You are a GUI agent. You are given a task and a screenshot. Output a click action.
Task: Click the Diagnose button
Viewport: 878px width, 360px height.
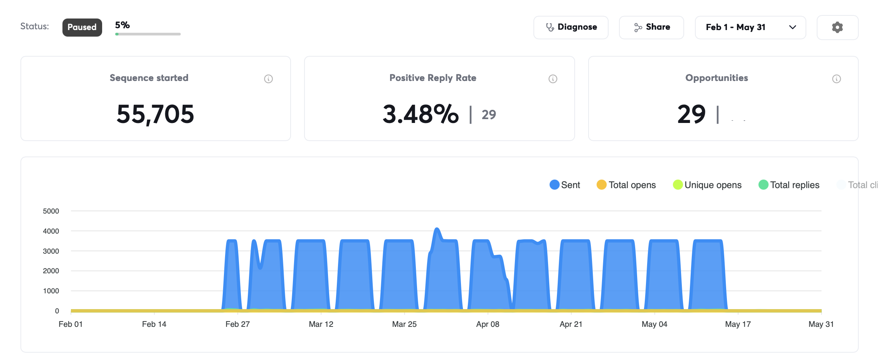point(571,27)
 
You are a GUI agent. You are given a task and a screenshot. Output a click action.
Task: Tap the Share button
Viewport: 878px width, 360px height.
point(651,27)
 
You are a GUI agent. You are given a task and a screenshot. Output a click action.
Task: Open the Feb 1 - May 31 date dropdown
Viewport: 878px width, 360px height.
point(750,27)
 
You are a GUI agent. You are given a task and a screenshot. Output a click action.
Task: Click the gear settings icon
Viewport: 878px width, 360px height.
point(838,27)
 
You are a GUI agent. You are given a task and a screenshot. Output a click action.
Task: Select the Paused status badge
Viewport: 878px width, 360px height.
point(82,27)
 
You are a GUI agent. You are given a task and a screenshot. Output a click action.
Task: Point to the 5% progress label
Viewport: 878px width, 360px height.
point(123,25)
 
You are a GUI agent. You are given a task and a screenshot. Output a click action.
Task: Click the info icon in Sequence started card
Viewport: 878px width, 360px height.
point(269,79)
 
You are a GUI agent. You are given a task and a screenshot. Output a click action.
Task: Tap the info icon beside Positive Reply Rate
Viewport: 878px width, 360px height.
point(553,79)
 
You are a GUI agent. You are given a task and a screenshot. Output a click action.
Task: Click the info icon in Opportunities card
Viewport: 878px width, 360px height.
point(837,79)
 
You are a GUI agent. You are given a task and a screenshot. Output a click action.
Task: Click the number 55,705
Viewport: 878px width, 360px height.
point(155,114)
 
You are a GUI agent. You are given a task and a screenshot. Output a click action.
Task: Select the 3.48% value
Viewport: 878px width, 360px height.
point(420,114)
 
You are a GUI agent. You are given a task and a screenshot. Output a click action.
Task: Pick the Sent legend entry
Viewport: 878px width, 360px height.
point(565,185)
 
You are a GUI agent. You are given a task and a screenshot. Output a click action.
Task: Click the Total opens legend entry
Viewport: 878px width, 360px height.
point(626,185)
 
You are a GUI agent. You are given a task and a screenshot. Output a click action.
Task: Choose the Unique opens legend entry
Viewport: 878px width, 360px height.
point(707,185)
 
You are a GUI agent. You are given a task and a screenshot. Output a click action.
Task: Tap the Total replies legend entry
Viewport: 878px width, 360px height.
point(789,185)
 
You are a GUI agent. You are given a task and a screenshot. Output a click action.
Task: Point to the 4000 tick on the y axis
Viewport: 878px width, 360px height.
point(51,231)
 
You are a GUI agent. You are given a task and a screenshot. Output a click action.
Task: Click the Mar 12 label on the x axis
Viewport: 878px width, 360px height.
point(321,324)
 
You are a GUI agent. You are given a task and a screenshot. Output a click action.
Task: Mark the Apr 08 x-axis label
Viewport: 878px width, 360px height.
point(488,324)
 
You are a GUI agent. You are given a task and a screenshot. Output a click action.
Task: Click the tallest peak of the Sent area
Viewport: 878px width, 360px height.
point(437,229)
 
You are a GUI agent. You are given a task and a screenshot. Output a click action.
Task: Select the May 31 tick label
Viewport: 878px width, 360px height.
point(821,324)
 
